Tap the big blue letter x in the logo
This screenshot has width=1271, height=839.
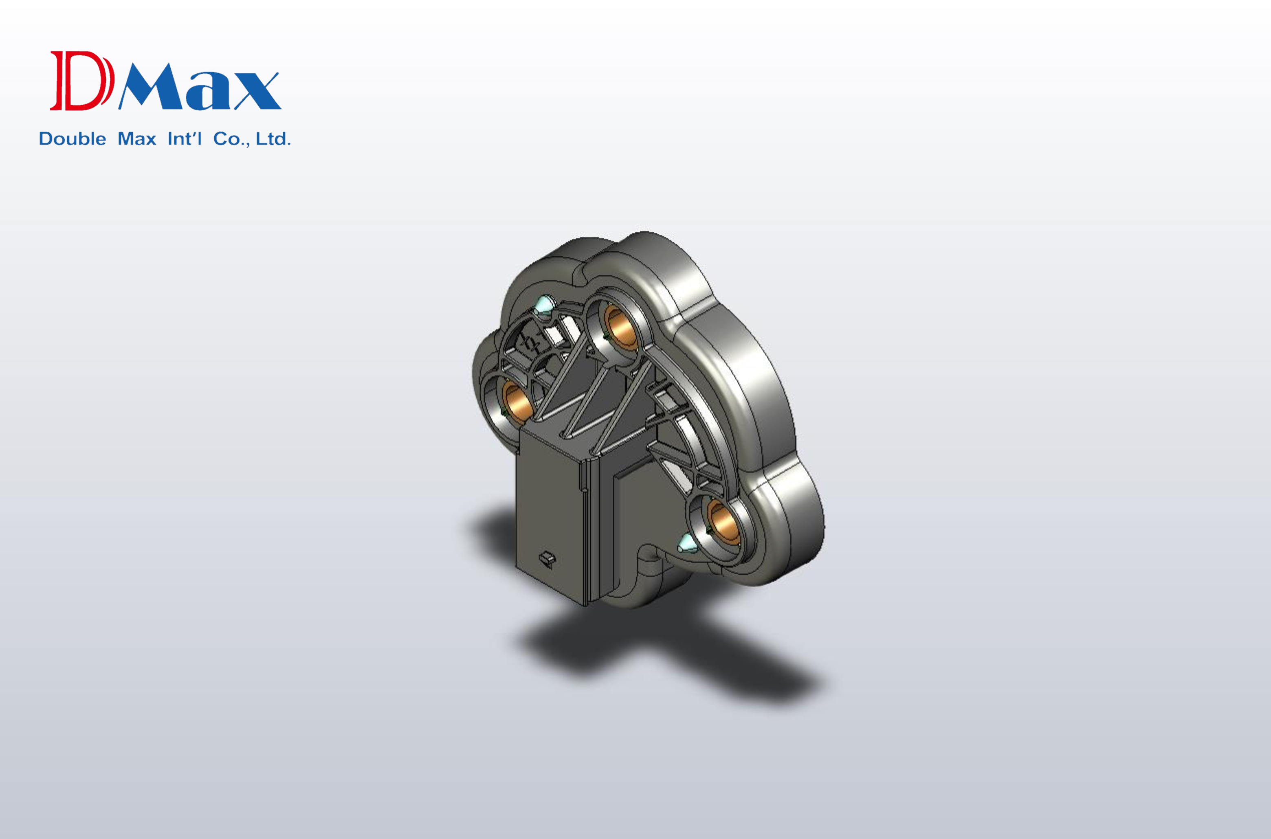(257, 91)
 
